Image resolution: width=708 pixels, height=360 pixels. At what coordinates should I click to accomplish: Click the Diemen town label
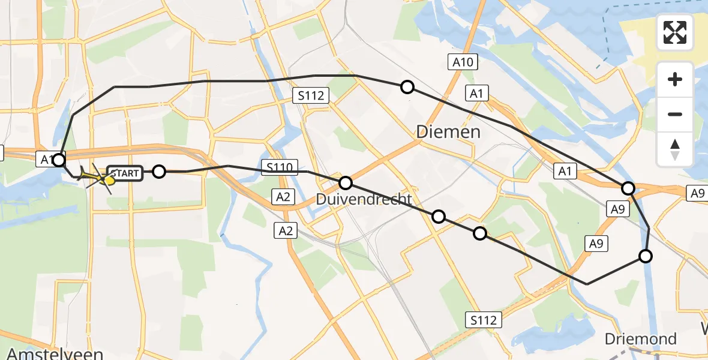point(448,131)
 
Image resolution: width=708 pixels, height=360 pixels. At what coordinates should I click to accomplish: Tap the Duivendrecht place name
point(365,199)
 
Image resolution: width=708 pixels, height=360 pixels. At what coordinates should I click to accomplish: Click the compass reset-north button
point(676,149)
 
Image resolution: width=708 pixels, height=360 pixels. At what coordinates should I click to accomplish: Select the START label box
point(125,174)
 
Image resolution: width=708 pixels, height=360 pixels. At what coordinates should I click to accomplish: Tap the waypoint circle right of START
point(158,172)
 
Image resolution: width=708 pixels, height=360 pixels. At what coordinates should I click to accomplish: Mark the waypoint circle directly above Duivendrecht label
point(345,182)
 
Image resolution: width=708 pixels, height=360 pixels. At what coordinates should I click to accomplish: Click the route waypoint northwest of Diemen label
point(407,87)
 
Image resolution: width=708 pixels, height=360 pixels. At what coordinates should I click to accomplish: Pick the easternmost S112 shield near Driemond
point(484,320)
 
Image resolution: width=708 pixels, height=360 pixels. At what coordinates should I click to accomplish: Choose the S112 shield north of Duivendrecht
point(310,95)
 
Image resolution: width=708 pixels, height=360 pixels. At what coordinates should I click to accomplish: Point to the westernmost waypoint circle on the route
point(59,160)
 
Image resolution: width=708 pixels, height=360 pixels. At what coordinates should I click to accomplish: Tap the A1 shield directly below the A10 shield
point(477,93)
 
